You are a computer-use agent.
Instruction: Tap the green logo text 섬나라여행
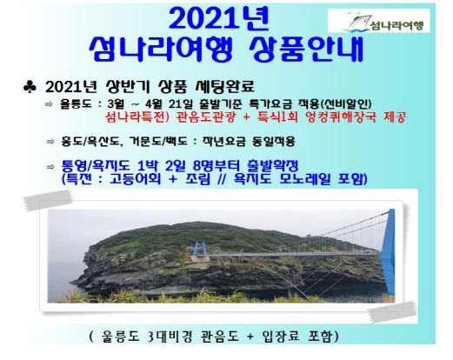pos(397,26)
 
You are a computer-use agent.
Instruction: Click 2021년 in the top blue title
pos(218,18)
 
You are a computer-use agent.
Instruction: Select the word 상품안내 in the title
pos(306,50)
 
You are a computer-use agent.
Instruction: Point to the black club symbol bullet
pos(30,87)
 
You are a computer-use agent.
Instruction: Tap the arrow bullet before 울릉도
pos(49,104)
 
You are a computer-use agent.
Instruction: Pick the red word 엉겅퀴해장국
pos(342,117)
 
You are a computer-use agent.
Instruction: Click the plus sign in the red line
pos(247,117)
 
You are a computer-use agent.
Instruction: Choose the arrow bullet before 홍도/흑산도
pos(50,142)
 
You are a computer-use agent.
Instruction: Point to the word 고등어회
pos(135,179)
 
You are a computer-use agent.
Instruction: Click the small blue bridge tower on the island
pos(198,249)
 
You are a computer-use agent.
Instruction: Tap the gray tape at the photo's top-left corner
pos(48,199)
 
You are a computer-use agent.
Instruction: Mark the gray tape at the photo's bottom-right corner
pos(392,312)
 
